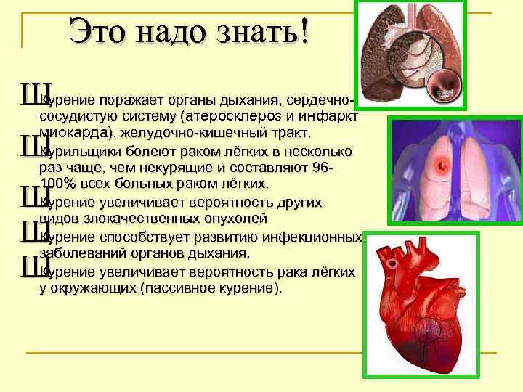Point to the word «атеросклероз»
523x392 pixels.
[230, 116]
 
